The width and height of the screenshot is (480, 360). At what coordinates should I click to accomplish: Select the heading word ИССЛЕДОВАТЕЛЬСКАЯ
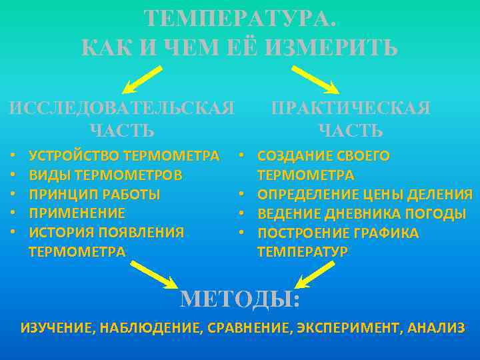coord(121,108)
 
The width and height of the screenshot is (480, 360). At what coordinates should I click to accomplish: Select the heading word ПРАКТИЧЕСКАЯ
coord(350,108)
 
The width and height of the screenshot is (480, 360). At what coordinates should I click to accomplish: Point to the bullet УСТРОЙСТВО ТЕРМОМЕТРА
coord(124,156)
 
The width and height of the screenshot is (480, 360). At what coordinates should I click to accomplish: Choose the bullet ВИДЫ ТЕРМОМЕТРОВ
coord(105,175)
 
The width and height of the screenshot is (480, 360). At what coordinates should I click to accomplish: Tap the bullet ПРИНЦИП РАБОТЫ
coord(95,195)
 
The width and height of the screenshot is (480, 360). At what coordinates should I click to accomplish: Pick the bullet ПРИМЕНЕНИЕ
coord(77,213)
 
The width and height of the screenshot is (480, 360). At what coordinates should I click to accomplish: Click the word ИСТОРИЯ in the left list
coord(61,233)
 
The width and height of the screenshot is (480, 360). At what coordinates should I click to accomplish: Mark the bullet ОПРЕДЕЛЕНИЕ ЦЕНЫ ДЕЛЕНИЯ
coord(365,195)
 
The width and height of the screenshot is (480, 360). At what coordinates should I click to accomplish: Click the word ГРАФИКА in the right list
coord(387,233)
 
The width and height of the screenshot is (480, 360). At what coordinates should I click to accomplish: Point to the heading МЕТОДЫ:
coord(241,300)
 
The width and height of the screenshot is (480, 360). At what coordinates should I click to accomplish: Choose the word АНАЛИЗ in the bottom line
coord(437,327)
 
